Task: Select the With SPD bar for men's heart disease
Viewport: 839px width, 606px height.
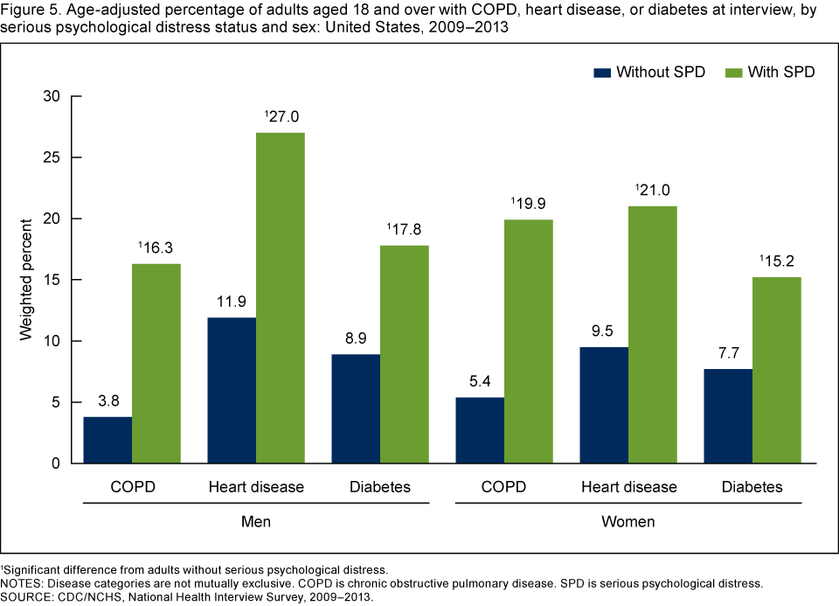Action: pyautogui.click(x=281, y=297)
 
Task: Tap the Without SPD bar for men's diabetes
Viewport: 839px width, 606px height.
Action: pyautogui.click(x=356, y=408)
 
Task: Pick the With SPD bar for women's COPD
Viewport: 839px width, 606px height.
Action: pyautogui.click(x=529, y=341)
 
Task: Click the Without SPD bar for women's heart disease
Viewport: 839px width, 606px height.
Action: pyautogui.click(x=604, y=405)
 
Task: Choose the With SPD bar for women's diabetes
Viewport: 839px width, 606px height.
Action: pyautogui.click(x=777, y=370)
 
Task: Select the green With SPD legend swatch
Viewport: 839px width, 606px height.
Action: pyautogui.click(x=732, y=72)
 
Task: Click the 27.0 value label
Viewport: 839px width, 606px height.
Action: pyautogui.click(x=282, y=115)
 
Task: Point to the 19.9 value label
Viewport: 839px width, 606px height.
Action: pyautogui.click(x=530, y=203)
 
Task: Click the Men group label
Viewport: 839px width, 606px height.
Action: pyautogui.click(x=255, y=522)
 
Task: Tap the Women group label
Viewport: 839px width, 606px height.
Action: pyautogui.click(x=628, y=522)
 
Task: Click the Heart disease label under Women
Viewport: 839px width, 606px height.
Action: pyautogui.click(x=628, y=487)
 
